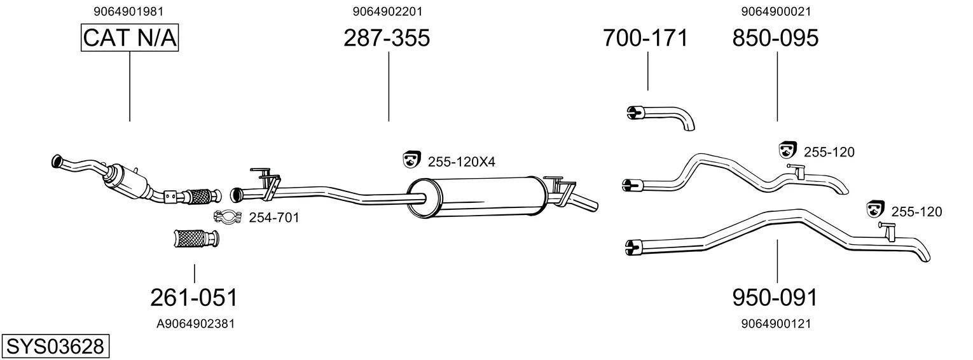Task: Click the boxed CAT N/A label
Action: click(130, 38)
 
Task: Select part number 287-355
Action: click(387, 38)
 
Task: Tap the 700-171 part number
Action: click(645, 38)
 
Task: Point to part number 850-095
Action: click(775, 38)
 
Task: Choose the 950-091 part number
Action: click(775, 298)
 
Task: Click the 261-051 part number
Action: click(194, 298)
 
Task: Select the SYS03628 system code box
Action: click(55, 347)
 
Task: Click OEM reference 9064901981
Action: click(128, 11)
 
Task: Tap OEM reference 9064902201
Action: click(387, 11)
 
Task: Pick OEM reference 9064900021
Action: click(776, 11)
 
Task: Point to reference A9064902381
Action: click(195, 324)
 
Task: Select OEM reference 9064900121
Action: click(776, 324)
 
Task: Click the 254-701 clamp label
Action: click(274, 218)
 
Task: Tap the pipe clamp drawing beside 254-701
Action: click(227, 217)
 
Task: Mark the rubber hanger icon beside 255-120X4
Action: click(411, 159)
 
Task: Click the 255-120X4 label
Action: click(461, 162)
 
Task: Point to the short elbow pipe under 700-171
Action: click(661, 118)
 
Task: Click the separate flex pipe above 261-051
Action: click(196, 239)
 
